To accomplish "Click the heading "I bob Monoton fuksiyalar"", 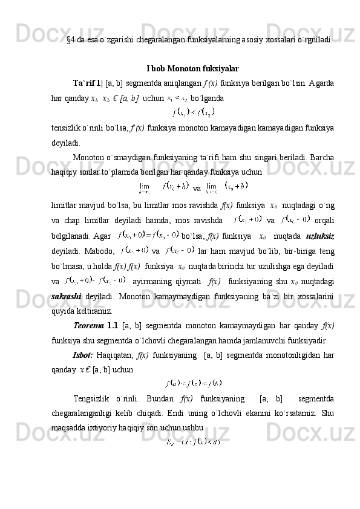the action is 192,68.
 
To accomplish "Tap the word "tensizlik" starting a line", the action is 67,128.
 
